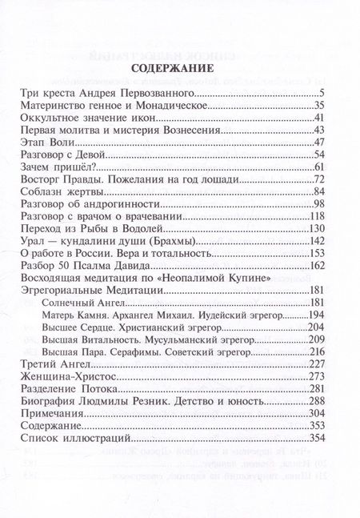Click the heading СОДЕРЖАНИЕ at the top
tap(179, 67)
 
